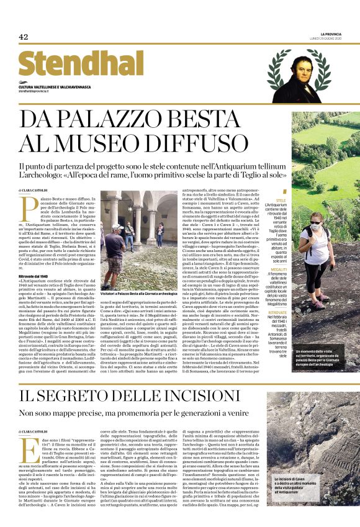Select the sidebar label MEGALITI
point(277,252)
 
